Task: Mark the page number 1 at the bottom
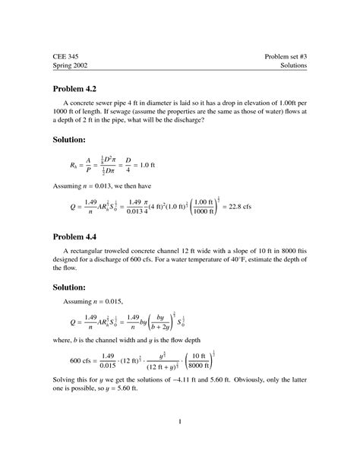[180, 421]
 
